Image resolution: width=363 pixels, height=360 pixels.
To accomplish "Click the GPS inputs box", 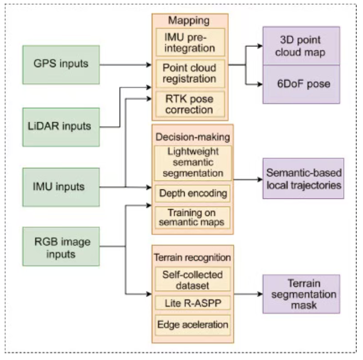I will click(61, 65).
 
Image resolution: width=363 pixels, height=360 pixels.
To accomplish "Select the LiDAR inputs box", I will click(61, 127).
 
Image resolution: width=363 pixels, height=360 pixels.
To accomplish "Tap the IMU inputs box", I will click(61, 186).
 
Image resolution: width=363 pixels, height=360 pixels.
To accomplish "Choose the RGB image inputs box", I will click(61, 248).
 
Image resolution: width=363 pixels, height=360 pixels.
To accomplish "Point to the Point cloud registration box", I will click(190, 74).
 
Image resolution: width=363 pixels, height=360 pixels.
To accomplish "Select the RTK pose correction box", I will click(190, 104).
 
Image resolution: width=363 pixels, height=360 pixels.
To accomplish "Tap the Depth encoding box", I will click(193, 194).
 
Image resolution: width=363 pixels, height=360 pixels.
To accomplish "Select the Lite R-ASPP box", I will click(193, 302).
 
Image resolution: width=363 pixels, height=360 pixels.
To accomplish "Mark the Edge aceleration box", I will click(193, 325).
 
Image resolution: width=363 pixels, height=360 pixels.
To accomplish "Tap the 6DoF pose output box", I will click(301, 84).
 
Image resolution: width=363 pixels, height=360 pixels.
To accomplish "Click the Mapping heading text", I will click(190, 21).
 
